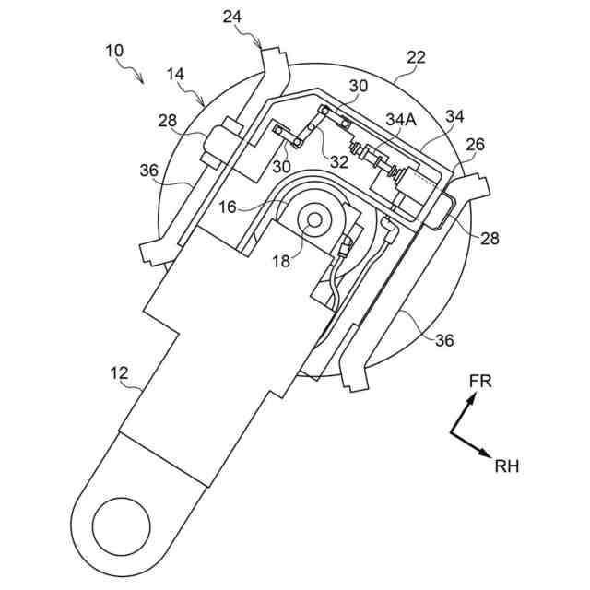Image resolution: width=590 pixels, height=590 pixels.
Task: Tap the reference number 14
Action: (176, 74)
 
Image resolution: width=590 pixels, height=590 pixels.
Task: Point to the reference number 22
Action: (416, 58)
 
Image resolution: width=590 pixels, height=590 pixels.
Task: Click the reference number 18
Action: (281, 261)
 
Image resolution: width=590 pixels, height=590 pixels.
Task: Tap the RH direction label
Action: (506, 466)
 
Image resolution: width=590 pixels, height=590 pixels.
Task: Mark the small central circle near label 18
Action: (314, 221)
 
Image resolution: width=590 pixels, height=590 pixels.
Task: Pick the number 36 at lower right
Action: (444, 340)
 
